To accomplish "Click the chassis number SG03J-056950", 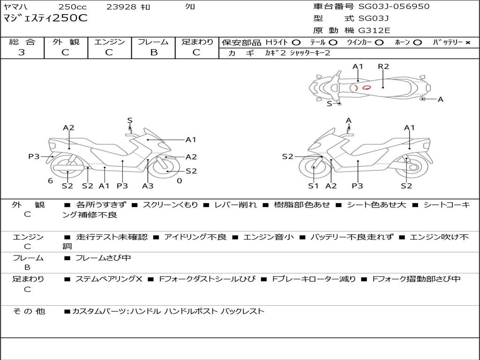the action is click(x=394, y=6).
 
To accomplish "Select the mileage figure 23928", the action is click(x=121, y=7).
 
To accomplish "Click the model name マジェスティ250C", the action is click(x=45, y=18).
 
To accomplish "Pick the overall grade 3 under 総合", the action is click(x=22, y=52).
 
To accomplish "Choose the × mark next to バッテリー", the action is click(x=468, y=43).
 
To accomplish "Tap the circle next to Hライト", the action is click(x=296, y=43).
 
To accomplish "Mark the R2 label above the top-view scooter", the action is click(x=383, y=67).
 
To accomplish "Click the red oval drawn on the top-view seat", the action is click(x=367, y=88).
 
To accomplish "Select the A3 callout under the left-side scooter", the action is click(x=148, y=186).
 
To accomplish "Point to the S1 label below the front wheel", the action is click(x=314, y=186).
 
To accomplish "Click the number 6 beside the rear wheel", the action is click(x=51, y=181).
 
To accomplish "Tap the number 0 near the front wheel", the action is click(x=180, y=181).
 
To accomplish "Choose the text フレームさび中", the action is click(x=103, y=258).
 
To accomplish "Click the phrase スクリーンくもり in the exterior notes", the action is click(x=170, y=204).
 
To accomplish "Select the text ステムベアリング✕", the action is click(x=109, y=279).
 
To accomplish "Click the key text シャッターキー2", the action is click(x=310, y=53).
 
